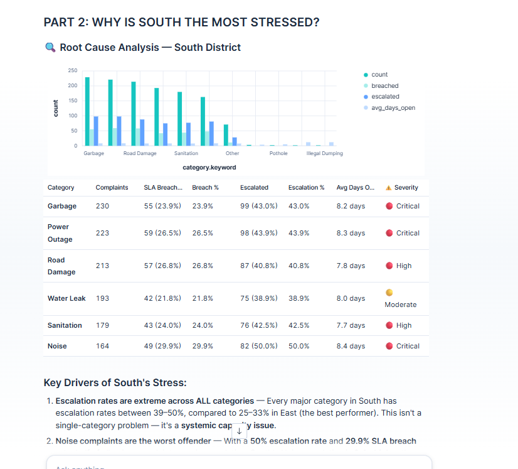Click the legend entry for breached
point(384,85)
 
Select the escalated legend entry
point(384,97)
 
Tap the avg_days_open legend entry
point(393,107)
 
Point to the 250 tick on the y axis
point(73,70)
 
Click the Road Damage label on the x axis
point(140,153)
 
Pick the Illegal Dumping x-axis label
point(324,153)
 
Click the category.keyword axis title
point(209,168)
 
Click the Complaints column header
point(112,187)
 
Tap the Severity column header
point(406,187)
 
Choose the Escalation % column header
point(306,187)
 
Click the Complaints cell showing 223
point(102,233)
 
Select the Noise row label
point(57,346)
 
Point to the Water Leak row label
point(66,298)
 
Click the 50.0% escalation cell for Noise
point(299,346)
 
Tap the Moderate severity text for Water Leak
point(400,305)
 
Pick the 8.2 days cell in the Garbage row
point(351,206)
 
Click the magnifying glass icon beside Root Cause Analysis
point(50,48)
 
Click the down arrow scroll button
point(239,431)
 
